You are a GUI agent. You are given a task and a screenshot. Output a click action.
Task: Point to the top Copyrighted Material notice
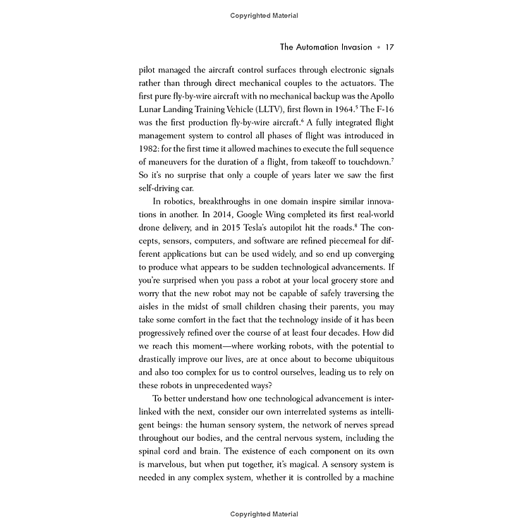(264, 15)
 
